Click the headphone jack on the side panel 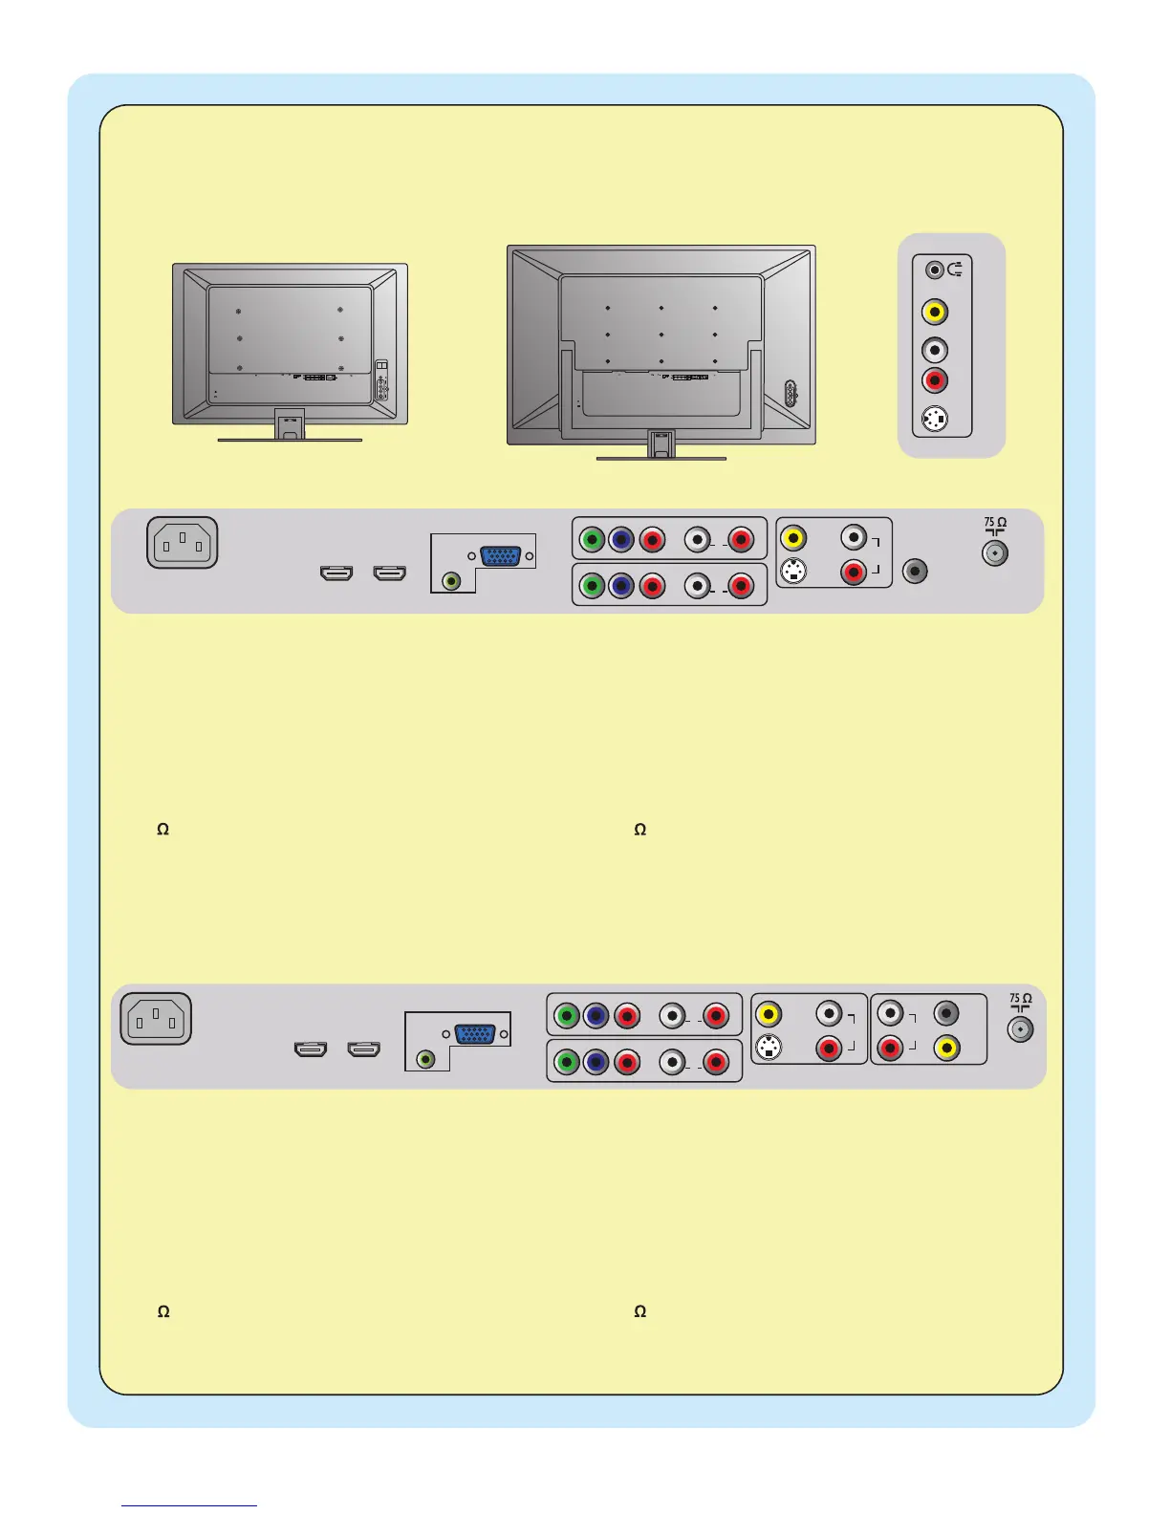pyautogui.click(x=936, y=270)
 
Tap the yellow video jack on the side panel pyautogui.click(x=935, y=312)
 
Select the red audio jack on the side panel pyautogui.click(x=935, y=380)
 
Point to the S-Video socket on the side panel pyautogui.click(x=935, y=419)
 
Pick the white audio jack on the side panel pyautogui.click(x=935, y=350)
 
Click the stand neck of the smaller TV pyautogui.click(x=290, y=424)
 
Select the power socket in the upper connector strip pyautogui.click(x=183, y=543)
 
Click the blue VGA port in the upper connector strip pyautogui.click(x=500, y=555)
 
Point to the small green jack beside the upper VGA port pyautogui.click(x=452, y=579)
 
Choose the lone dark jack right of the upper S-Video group pyautogui.click(x=915, y=571)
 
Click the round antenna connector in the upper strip pyautogui.click(x=995, y=552)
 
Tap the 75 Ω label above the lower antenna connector pyautogui.click(x=1020, y=999)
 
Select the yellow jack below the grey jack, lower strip pyautogui.click(x=946, y=1048)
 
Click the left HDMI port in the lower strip pyautogui.click(x=310, y=1049)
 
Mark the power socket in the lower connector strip pyautogui.click(x=156, y=1019)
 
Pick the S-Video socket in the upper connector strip pyautogui.click(x=793, y=572)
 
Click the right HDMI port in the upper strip pyautogui.click(x=389, y=573)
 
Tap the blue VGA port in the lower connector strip pyautogui.click(x=475, y=1033)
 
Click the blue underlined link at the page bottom pyautogui.click(x=189, y=1505)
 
